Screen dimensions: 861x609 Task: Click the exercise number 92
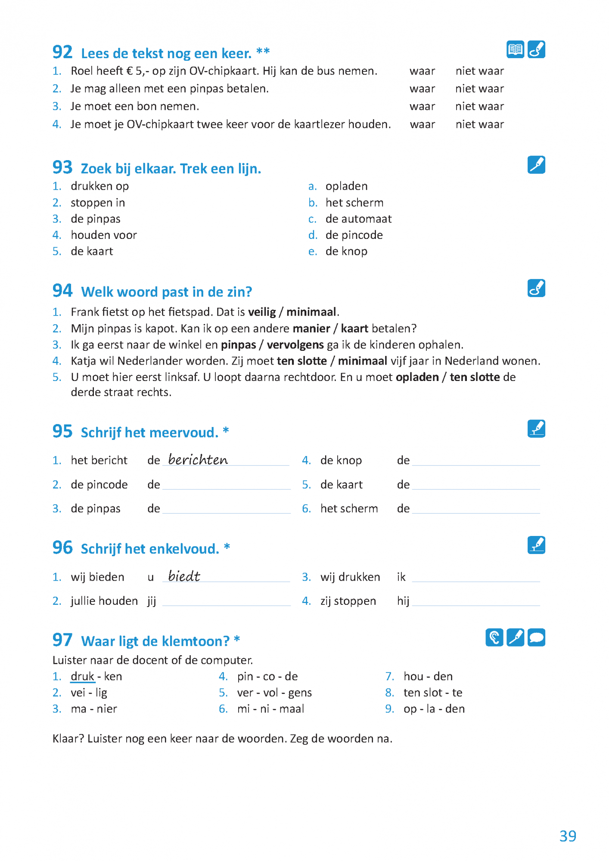click(x=62, y=53)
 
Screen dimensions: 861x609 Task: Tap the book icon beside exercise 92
click(x=515, y=50)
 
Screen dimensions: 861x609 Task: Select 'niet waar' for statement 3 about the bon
click(x=479, y=106)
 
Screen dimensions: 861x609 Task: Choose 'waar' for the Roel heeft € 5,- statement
click(x=422, y=71)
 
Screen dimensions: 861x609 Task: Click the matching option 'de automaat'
click(x=358, y=219)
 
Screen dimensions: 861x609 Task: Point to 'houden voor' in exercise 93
click(x=104, y=235)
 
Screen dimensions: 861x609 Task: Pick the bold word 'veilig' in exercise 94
click(x=262, y=312)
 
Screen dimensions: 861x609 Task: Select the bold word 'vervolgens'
click(x=295, y=345)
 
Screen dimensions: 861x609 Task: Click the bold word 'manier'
click(x=311, y=328)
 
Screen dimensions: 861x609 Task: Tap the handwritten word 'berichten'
click(x=198, y=460)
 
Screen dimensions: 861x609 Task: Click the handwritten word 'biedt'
click(x=184, y=576)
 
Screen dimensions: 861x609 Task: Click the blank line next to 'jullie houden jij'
click(x=226, y=602)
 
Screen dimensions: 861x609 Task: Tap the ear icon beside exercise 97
click(x=494, y=638)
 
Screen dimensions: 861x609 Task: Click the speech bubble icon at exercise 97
click(x=536, y=638)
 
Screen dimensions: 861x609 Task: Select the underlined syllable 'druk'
click(x=82, y=676)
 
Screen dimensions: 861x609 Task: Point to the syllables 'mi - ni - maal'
click(x=270, y=709)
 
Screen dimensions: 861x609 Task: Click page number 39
click(x=568, y=836)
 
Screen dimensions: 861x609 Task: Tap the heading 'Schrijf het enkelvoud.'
click(x=150, y=549)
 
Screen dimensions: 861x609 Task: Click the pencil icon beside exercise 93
click(x=536, y=165)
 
